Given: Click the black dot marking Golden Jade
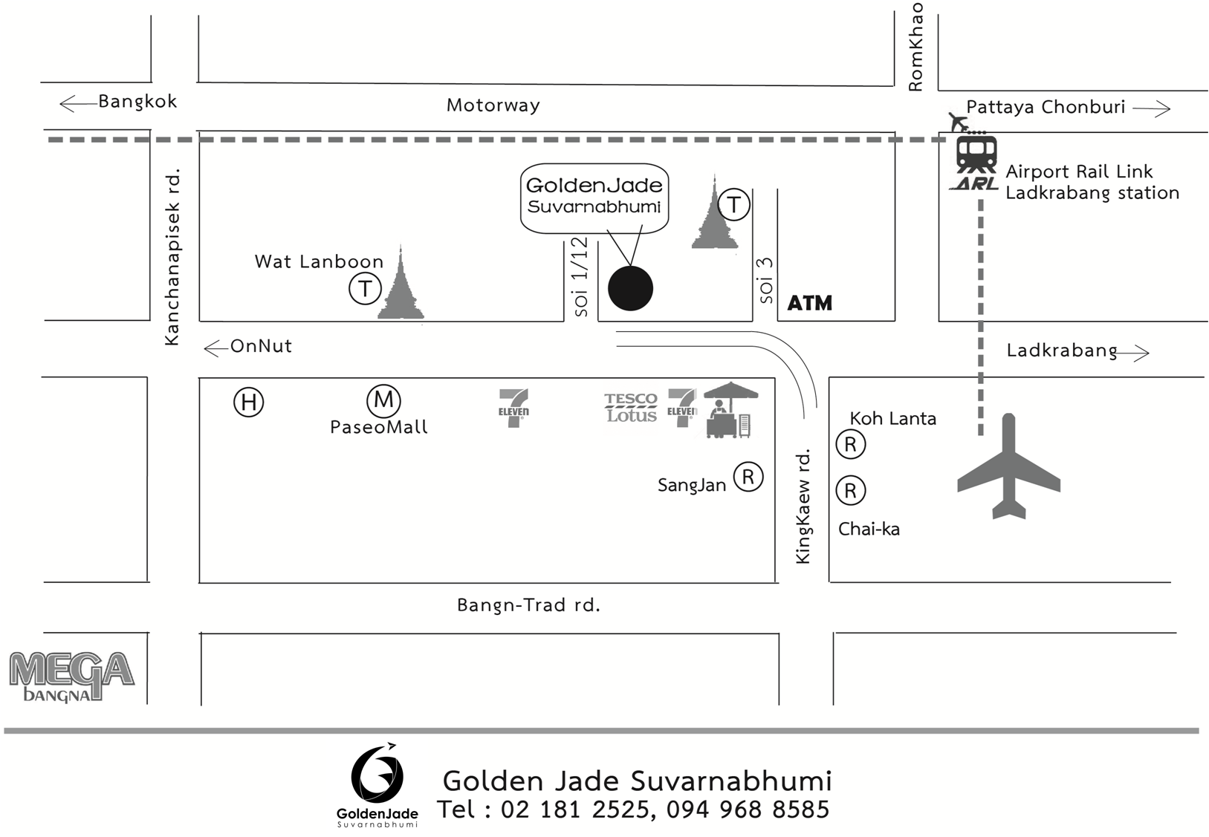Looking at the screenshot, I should pos(630,288).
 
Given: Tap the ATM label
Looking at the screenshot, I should pos(809,303).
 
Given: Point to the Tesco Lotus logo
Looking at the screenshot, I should pos(630,408).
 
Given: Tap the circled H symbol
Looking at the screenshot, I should pos(248,403).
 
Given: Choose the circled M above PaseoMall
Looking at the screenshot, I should pos(383,400).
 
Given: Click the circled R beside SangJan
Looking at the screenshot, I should pos(748,477).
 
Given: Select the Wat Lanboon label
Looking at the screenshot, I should pos(319,261).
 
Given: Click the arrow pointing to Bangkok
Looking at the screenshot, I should pos(77,102).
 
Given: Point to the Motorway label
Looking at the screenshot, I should pos(493,105).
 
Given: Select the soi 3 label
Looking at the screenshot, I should pos(765,280).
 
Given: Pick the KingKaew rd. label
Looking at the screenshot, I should pos(803,507).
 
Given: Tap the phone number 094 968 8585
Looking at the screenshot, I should pos(748,809).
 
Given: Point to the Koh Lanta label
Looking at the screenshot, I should pos(892,419).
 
